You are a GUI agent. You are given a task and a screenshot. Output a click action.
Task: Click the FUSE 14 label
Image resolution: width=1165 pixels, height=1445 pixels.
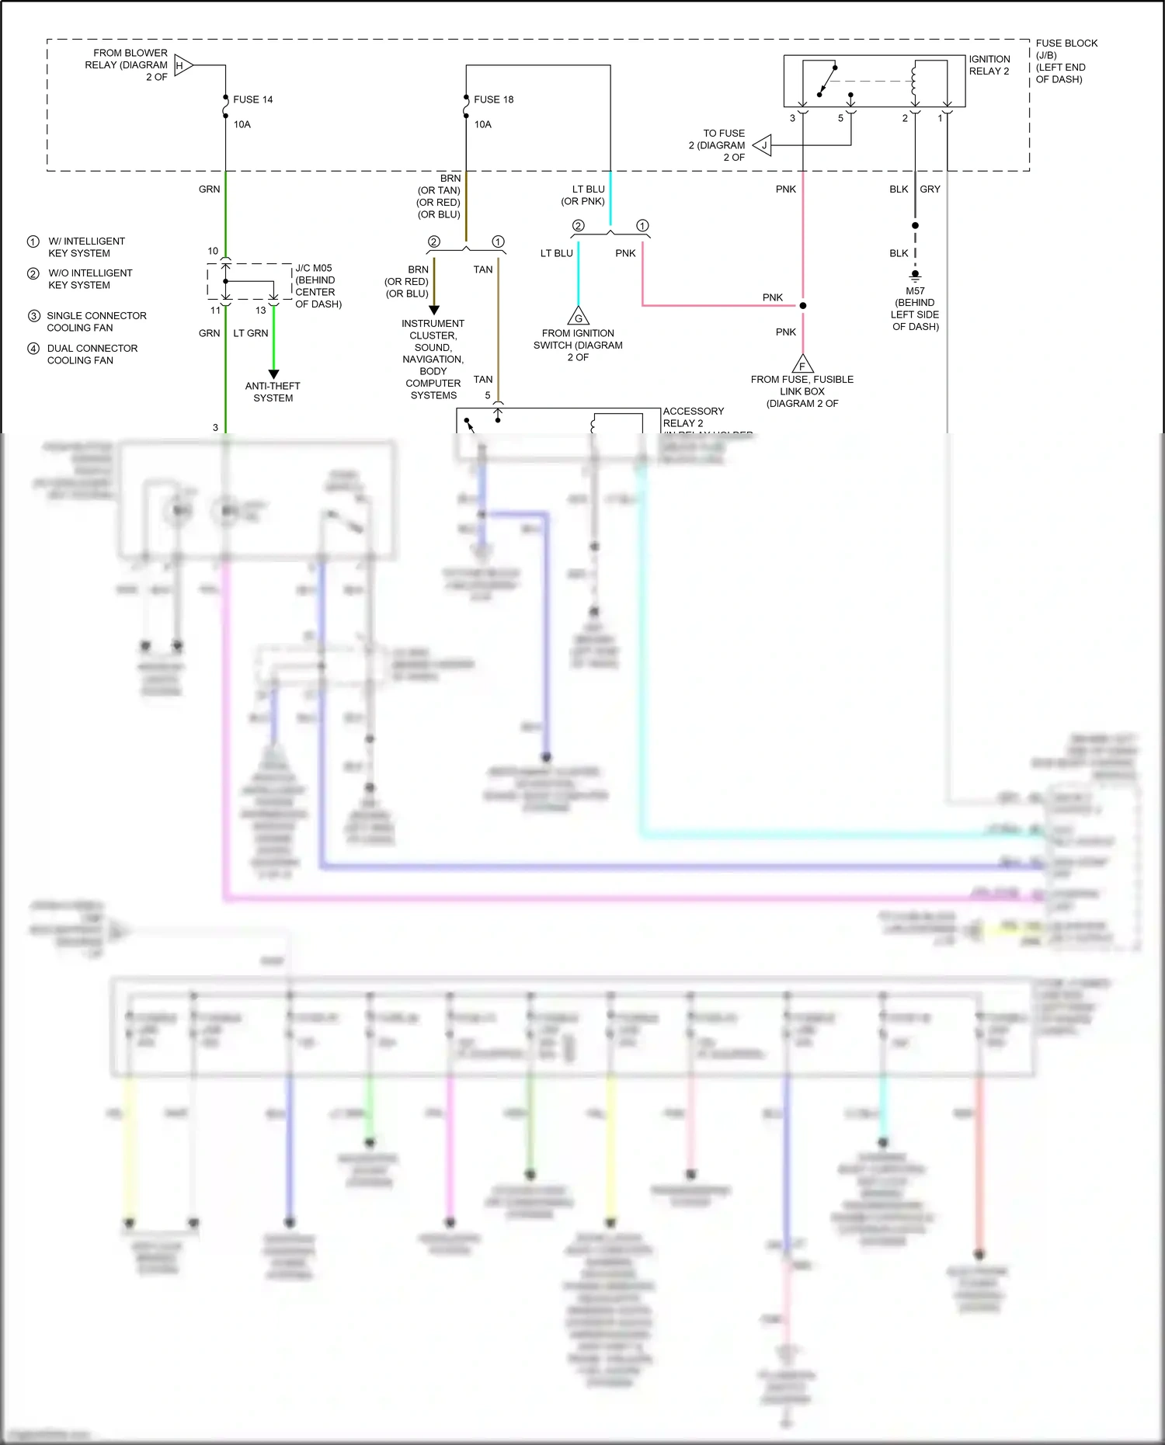coord(252,99)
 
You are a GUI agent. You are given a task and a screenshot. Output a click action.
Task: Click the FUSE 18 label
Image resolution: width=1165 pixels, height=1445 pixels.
coord(493,99)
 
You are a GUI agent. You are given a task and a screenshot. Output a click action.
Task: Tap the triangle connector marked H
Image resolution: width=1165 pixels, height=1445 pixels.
coord(183,65)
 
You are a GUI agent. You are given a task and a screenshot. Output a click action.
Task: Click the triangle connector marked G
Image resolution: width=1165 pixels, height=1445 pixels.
coord(578,317)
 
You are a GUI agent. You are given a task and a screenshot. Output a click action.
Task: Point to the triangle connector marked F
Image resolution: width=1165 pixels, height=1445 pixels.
coord(802,364)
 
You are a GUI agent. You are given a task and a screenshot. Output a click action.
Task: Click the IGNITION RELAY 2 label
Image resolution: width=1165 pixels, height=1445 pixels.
coord(989,65)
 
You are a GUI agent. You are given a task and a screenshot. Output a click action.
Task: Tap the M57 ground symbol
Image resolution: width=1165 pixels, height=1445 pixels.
coord(915,275)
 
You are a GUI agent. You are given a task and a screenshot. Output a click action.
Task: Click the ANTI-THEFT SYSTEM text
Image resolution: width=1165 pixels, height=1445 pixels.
coord(273,391)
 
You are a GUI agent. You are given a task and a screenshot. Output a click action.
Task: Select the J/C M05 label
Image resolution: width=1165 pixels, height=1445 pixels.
coord(314,268)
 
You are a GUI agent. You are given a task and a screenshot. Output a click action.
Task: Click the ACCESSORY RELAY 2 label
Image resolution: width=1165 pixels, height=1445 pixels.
coord(693,417)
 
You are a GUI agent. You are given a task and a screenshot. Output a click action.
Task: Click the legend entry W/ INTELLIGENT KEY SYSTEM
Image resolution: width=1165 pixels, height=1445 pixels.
coord(85,247)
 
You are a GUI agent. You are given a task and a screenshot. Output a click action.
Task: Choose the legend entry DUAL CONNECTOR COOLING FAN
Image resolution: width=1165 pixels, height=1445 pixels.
coord(92,354)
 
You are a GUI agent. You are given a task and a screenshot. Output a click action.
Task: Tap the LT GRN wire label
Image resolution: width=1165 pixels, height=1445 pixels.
coord(251,333)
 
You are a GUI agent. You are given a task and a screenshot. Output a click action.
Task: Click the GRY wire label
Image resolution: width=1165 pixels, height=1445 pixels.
coord(930,189)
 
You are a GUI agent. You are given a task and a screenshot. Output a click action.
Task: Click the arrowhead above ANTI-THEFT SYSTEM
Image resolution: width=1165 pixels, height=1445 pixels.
coord(273,374)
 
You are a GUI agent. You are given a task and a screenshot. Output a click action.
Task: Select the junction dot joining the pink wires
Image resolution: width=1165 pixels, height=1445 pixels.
coord(803,305)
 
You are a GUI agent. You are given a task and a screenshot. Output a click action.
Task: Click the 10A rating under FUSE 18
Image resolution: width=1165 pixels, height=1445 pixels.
coord(482,124)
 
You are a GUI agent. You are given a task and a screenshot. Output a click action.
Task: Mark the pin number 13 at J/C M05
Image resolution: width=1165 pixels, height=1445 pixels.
coord(261,310)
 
